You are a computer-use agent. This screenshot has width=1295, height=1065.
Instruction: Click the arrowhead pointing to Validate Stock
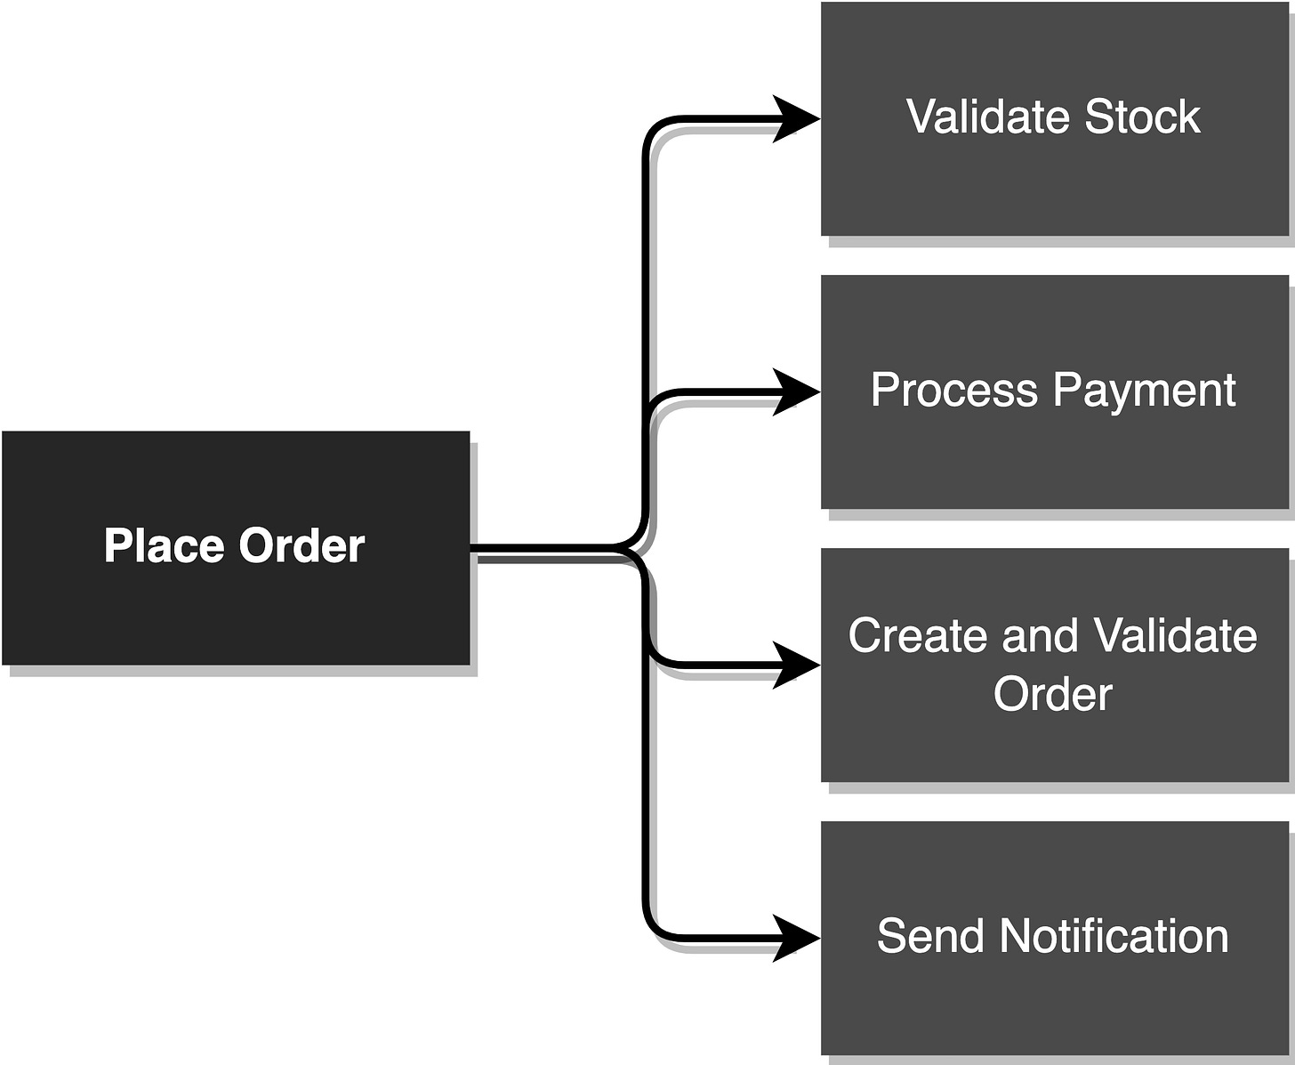point(796,118)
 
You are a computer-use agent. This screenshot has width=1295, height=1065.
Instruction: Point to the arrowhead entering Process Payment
point(796,391)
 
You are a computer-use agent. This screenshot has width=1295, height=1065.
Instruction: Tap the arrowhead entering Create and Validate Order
point(796,665)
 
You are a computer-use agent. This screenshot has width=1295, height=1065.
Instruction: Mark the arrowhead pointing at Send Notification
point(796,938)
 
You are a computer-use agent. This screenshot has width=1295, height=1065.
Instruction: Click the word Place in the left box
point(164,545)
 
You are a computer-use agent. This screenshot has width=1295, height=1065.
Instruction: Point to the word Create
point(918,636)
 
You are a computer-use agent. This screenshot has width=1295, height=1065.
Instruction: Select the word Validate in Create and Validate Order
point(1175,636)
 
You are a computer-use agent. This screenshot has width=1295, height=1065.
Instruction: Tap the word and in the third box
point(1040,636)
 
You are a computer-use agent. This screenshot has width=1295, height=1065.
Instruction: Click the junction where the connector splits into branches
point(642,546)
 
